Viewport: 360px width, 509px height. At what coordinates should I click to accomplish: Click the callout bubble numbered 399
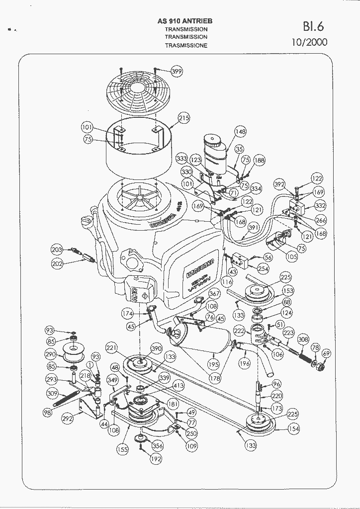[x=177, y=72]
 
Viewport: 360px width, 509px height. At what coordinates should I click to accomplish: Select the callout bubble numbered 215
[x=184, y=118]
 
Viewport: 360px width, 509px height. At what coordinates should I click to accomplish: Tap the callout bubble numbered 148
[x=241, y=132]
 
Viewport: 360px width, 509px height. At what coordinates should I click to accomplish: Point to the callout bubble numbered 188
[x=259, y=161]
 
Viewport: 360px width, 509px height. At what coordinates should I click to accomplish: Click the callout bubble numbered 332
[x=320, y=205]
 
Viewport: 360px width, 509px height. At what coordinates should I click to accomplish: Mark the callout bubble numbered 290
[x=50, y=355]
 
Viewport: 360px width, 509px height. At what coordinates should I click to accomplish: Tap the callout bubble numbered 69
[x=326, y=353]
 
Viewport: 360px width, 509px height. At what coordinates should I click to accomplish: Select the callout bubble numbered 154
[x=294, y=428]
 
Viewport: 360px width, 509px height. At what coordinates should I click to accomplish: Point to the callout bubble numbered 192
[x=156, y=459]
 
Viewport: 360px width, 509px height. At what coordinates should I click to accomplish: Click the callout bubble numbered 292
[x=68, y=419]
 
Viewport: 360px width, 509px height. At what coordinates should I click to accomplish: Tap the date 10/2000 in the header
[x=309, y=42]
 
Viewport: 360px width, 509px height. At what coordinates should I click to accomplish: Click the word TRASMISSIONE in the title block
[x=186, y=45]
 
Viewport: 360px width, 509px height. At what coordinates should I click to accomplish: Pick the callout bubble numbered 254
[x=263, y=269]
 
